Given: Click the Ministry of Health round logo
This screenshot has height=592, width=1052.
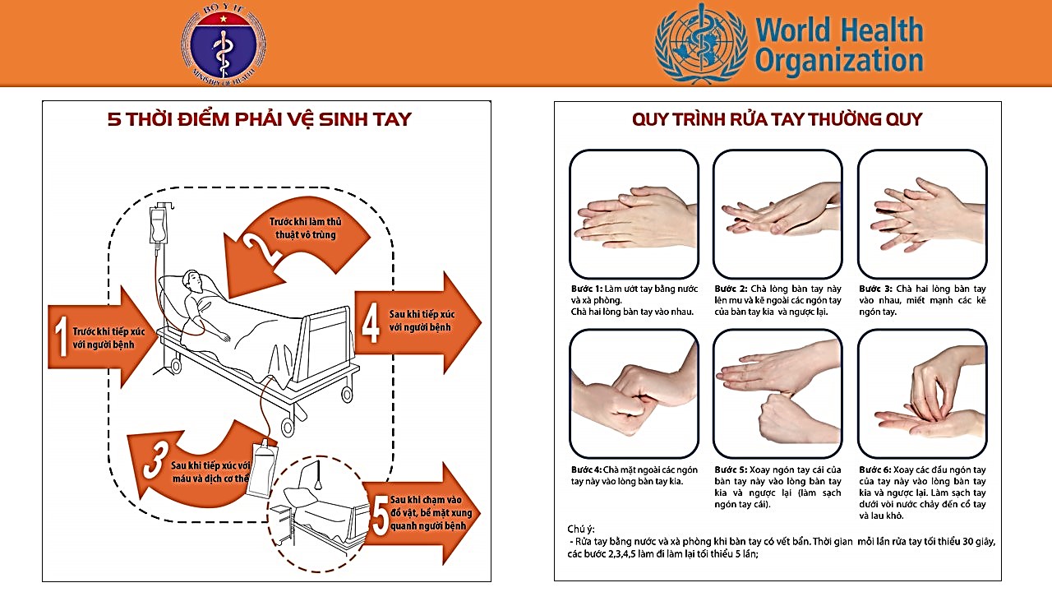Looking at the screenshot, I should coord(224,44).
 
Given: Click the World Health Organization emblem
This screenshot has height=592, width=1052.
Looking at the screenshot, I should coord(701,44).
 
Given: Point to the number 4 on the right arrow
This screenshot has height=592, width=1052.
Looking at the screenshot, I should coord(371,323).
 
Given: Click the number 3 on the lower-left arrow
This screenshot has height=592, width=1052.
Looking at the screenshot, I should coord(153,463).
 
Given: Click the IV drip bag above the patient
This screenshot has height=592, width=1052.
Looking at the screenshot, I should coord(157,225).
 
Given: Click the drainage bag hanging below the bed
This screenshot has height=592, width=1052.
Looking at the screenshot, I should coord(261,468).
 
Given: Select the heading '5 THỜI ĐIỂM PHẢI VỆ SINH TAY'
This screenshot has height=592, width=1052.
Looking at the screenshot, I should coord(259,120).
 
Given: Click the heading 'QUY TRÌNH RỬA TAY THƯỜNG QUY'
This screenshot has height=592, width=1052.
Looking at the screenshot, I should coord(777,120).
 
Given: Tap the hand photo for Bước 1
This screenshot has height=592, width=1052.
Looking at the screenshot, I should coord(634,214).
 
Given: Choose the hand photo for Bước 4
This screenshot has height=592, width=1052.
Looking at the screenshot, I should coord(634,394).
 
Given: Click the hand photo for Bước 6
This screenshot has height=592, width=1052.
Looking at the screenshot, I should coord(921,394).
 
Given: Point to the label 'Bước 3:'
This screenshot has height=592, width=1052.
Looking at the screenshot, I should coord(876,289).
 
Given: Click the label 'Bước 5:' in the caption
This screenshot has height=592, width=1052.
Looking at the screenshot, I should coord(731,470).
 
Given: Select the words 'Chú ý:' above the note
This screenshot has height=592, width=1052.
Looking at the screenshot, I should coord(580,529).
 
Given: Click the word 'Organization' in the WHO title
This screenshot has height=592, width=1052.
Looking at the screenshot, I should coord(839,61).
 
